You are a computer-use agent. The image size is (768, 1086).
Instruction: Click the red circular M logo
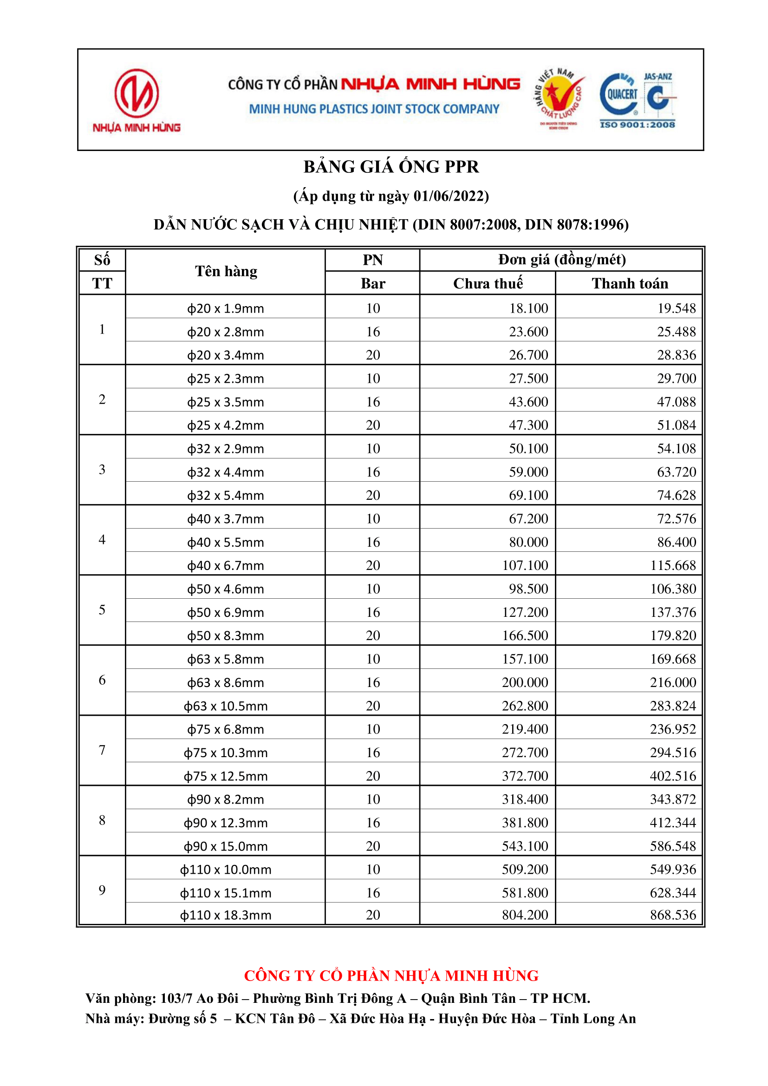coord(136,93)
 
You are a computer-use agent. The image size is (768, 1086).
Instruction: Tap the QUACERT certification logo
coord(619,94)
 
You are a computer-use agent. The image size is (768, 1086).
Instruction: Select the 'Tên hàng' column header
coord(226,271)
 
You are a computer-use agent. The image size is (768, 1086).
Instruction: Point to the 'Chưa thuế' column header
coord(488,283)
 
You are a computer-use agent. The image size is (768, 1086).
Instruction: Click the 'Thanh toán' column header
coord(630,283)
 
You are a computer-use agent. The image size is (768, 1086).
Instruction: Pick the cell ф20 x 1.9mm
coord(226,308)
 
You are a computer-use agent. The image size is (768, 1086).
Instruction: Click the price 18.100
coord(528,308)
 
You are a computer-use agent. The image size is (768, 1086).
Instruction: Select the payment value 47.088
coord(676,402)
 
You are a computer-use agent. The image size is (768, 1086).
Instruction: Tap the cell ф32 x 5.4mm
coord(226,495)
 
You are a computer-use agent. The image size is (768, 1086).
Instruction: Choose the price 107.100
coord(525,565)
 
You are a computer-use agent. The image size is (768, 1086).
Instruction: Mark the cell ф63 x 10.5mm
coord(226,706)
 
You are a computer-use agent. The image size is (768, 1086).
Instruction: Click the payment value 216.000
coord(673,682)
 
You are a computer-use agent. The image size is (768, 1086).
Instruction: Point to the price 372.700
coord(525,776)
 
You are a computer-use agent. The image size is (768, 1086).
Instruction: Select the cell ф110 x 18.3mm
coord(226,915)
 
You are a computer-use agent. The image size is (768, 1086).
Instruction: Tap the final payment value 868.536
coord(673,915)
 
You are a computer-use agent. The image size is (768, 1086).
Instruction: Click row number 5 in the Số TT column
coord(102,610)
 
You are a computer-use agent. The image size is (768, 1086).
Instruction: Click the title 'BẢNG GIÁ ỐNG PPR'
coord(391,166)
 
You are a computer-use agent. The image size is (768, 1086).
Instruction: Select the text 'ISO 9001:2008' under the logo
coord(637,124)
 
